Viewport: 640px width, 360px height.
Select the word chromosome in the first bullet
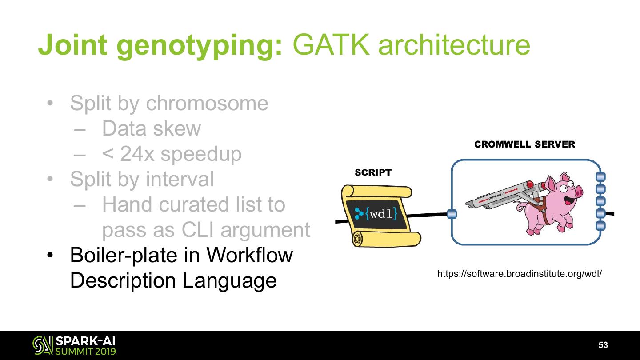coord(207,104)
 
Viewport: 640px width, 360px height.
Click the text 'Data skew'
coord(151,129)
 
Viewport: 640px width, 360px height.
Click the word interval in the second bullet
coord(181,180)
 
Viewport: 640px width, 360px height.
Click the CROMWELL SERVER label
coord(524,144)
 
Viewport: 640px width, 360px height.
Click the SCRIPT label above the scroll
coord(373,172)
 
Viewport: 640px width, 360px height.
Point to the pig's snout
coord(579,192)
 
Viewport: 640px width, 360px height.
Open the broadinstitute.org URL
coord(520,274)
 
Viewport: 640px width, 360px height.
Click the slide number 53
coord(603,345)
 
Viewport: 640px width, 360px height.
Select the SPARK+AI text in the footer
coord(87,341)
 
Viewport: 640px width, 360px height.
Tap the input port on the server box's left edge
coord(452,214)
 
